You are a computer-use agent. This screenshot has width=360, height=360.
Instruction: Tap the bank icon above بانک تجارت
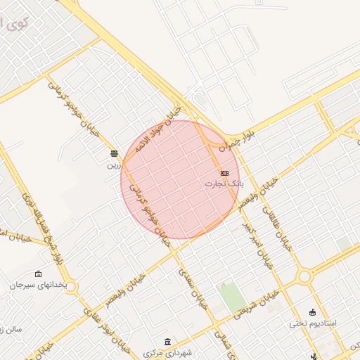pos(224,173)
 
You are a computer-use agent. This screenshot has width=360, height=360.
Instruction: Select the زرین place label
pos(114,166)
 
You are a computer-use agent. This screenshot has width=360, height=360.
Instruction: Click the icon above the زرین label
pos(114,153)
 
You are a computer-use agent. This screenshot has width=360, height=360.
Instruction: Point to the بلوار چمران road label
pos(233,140)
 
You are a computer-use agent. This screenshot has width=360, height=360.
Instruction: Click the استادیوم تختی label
pos(313,324)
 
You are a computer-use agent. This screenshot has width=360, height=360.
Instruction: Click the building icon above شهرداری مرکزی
pos(167,341)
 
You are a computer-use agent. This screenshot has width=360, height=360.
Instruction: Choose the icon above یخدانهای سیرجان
pos(37,274)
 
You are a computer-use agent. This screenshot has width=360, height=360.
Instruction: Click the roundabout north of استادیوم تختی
pos(304,276)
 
